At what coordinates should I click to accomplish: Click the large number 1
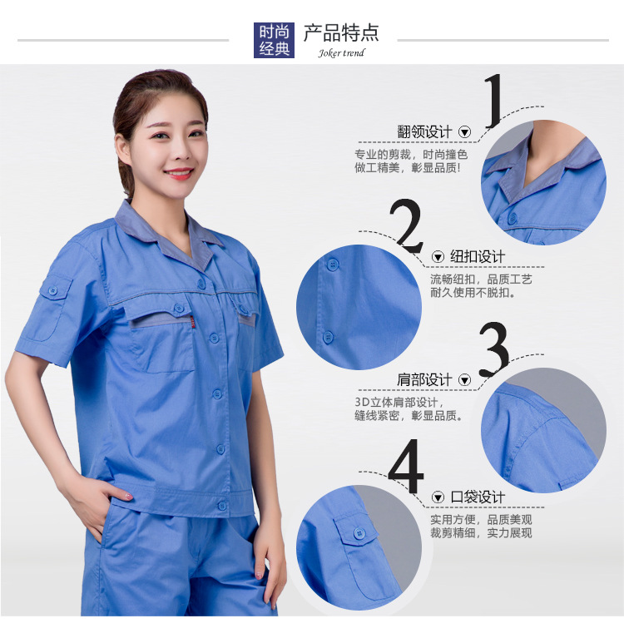[495, 101]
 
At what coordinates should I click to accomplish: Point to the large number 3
[493, 349]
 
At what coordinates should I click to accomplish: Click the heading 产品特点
[341, 33]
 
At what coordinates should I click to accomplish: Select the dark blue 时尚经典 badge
[275, 40]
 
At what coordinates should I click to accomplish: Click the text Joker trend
[341, 53]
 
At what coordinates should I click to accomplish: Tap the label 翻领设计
[424, 132]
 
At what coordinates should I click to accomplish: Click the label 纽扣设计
[478, 256]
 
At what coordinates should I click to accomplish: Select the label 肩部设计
[424, 380]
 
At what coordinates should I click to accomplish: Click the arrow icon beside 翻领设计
[465, 132]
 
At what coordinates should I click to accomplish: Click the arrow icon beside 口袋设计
[438, 497]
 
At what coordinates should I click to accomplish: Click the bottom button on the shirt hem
[222, 505]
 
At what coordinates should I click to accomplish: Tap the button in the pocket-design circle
[361, 533]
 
